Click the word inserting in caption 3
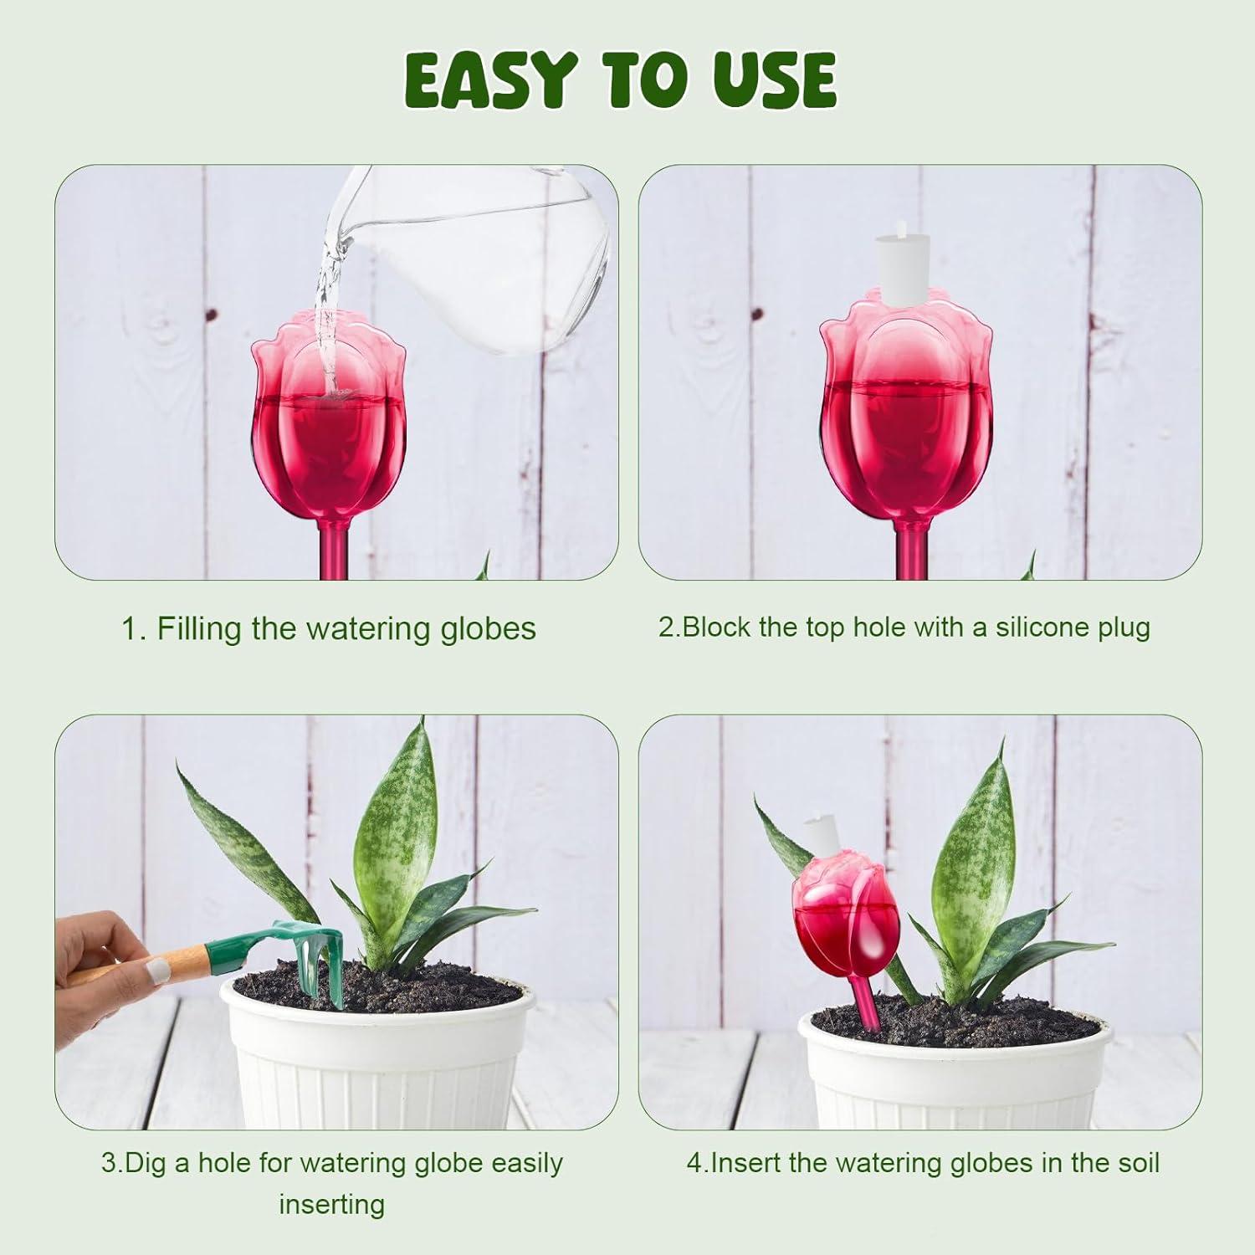(331, 1205)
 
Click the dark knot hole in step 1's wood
(212, 315)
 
